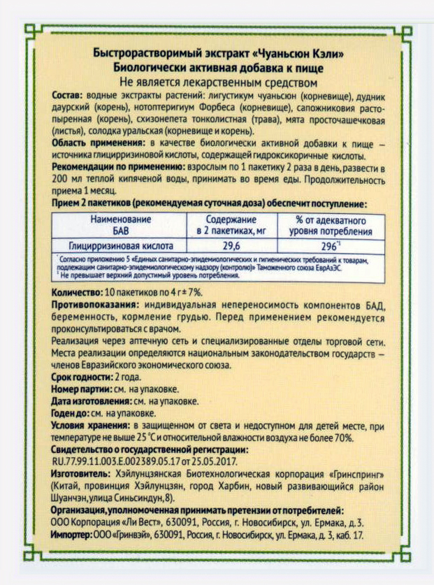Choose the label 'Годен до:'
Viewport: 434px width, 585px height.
(71, 413)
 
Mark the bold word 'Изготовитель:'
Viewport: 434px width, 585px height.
(80, 475)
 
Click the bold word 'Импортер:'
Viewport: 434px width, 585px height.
(73, 535)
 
